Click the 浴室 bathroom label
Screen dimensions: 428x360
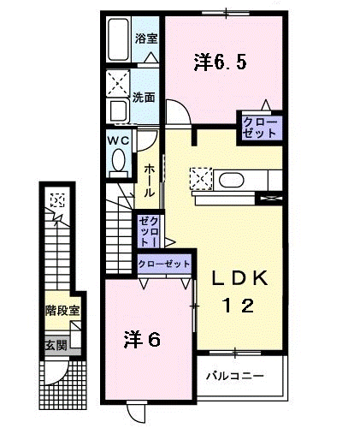146,39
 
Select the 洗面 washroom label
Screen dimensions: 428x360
144,97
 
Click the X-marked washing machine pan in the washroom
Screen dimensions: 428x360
118,86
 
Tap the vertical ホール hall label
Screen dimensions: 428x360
150,181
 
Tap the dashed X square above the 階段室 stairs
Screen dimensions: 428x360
57,202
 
